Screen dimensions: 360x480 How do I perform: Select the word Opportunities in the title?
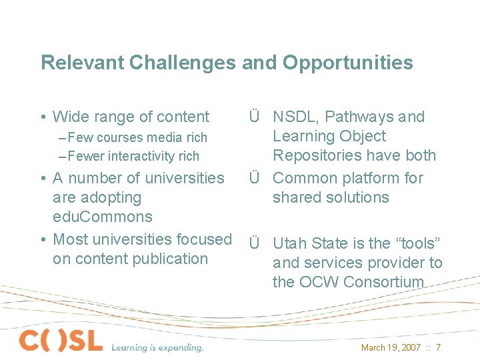(x=347, y=63)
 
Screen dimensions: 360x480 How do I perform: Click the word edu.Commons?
(x=102, y=217)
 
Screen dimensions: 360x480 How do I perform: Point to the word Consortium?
(x=383, y=282)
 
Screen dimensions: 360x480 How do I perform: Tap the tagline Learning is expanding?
(x=157, y=347)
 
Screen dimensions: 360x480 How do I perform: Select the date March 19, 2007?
(x=391, y=347)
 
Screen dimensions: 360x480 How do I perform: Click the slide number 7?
(x=438, y=347)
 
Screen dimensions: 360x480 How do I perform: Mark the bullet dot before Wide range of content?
(x=43, y=117)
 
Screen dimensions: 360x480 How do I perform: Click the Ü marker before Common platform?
(x=254, y=178)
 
